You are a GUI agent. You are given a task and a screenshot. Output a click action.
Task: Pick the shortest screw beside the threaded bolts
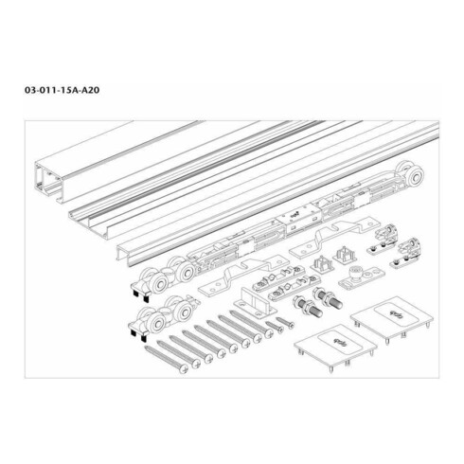click(274, 326)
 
